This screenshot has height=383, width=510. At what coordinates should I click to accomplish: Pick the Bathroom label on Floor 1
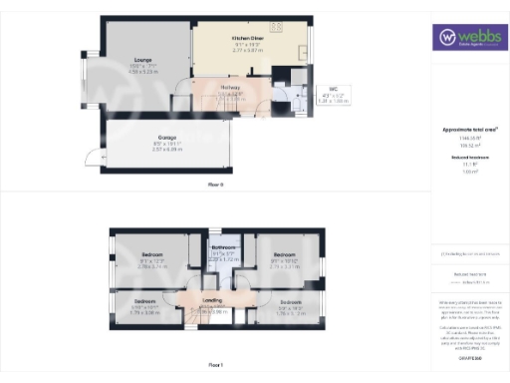point(224,247)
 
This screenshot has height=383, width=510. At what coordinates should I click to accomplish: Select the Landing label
point(212,299)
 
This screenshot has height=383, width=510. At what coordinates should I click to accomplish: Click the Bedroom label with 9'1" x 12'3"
point(150,255)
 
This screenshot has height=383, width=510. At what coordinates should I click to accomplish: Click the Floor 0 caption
point(215,186)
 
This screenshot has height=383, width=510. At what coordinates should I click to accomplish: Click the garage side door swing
point(92,157)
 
